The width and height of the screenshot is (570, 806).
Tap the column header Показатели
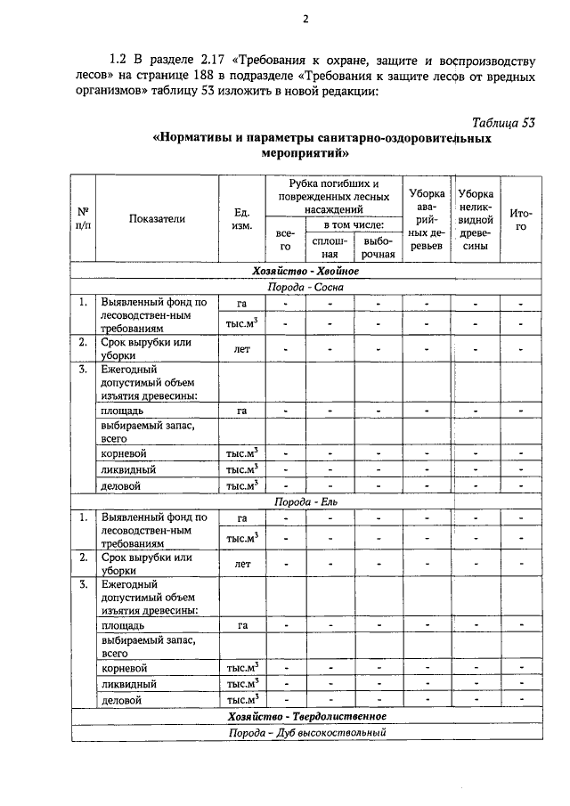pyautogui.click(x=156, y=218)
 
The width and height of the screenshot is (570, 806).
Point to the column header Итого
pyautogui.click(x=520, y=219)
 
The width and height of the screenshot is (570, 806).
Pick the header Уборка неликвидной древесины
pyautogui.click(x=476, y=219)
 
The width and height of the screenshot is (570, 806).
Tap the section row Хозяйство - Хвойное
pyautogui.click(x=305, y=271)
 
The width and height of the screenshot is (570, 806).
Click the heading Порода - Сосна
pyautogui.click(x=305, y=287)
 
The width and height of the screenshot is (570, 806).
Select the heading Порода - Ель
pyautogui.click(x=305, y=501)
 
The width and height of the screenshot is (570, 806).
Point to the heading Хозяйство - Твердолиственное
pyautogui.click(x=305, y=716)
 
